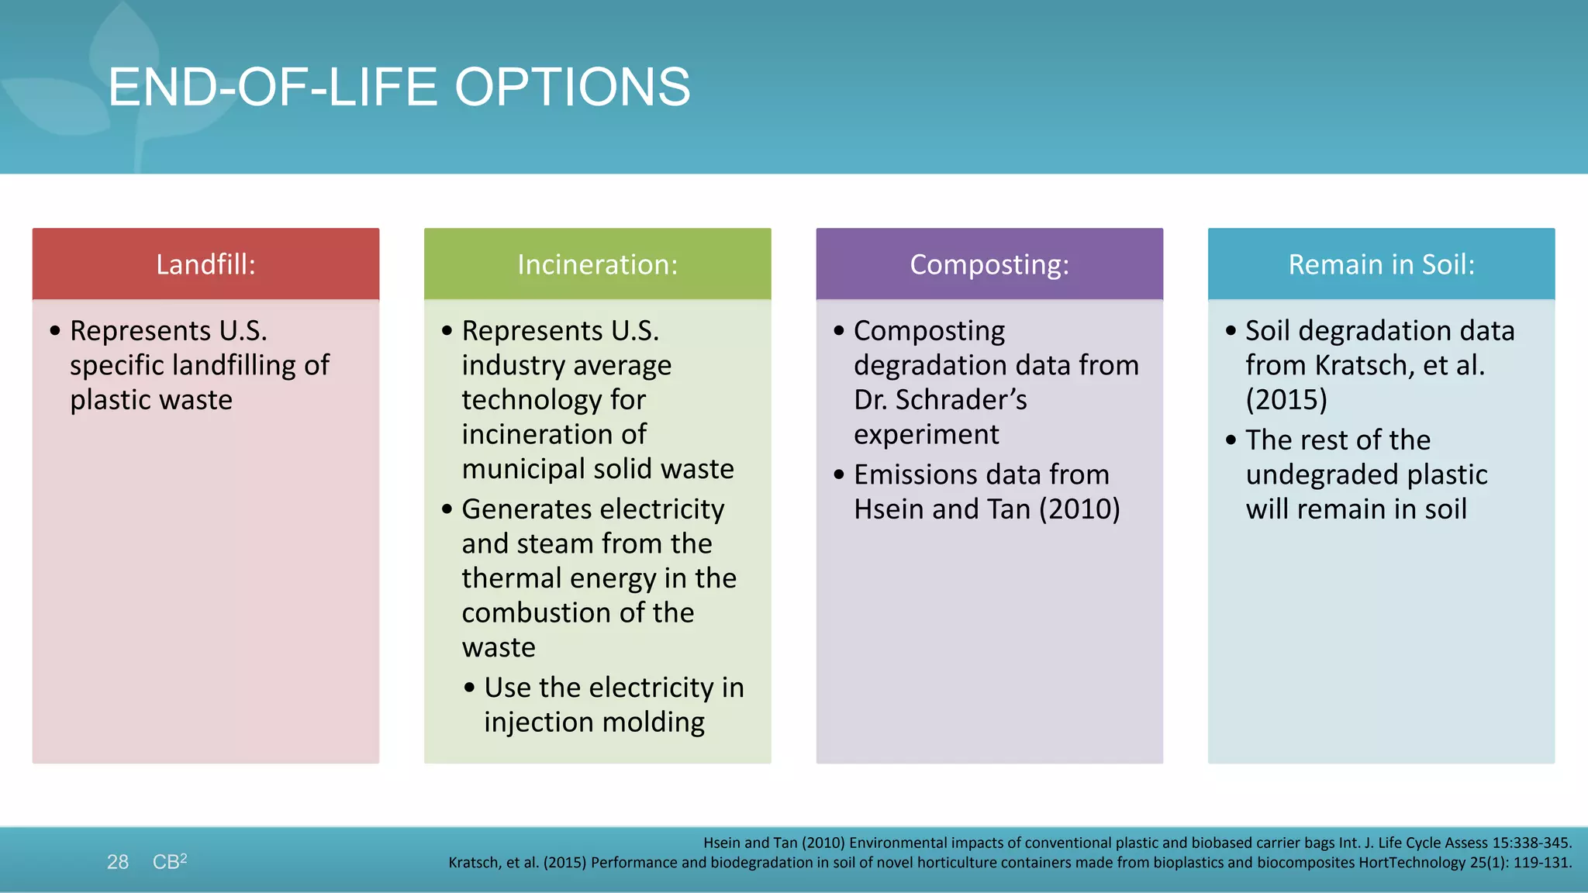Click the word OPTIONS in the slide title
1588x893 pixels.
click(x=571, y=87)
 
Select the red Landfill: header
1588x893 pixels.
click(x=205, y=264)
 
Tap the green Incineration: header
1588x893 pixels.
click(x=597, y=264)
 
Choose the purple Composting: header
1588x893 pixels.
click(x=989, y=264)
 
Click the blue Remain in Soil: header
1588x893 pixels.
click(x=1381, y=264)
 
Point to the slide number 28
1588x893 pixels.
click(x=118, y=862)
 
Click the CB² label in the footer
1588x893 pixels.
click(x=169, y=861)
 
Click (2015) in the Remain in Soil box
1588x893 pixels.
click(x=1286, y=400)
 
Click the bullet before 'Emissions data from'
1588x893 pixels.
click(x=838, y=474)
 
